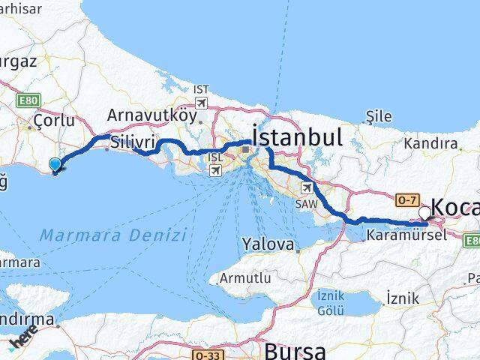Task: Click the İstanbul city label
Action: (298, 136)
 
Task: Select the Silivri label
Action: (133, 142)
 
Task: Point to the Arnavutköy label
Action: (153, 115)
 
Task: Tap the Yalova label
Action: (267, 244)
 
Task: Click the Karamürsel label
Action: (406, 235)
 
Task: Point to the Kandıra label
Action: (430, 142)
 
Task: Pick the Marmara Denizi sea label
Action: (113, 235)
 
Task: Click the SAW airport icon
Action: (307, 187)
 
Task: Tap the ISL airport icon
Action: (215, 170)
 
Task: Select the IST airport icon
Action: (200, 101)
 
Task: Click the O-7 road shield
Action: (406, 199)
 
